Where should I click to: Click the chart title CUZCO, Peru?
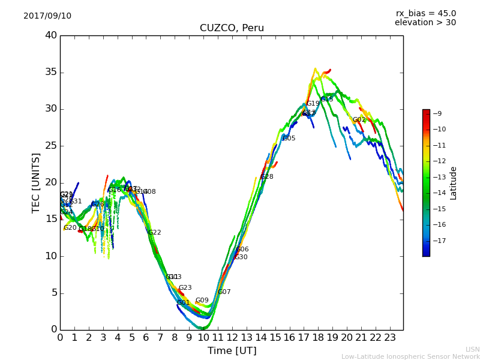pos(232,28)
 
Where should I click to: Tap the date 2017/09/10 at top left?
pos(47,16)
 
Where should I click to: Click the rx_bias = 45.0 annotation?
pos(425,13)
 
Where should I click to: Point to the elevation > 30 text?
pos(425,23)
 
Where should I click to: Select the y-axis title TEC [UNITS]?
pos(36,182)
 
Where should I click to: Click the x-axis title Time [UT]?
pos(232,351)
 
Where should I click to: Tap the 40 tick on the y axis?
pos(51,35)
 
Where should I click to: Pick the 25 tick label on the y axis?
pos(51,146)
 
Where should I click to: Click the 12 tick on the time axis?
pos(232,337)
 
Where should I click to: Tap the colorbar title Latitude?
pos(454,182)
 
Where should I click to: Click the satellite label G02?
pos(359,120)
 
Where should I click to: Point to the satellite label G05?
pos(289,139)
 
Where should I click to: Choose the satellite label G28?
pos(267,177)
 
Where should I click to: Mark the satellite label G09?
pos(202,301)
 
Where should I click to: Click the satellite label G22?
pos(155,233)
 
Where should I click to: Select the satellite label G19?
pos(313,104)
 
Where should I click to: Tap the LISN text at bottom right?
pos(473,349)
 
